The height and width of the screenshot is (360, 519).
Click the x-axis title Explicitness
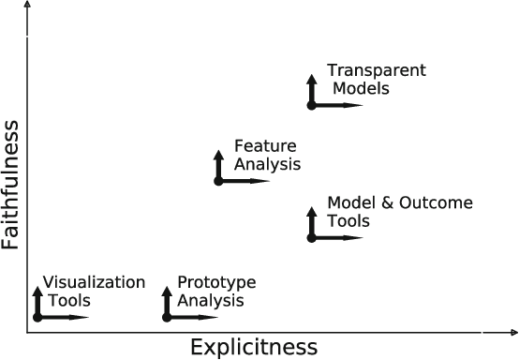(x=254, y=347)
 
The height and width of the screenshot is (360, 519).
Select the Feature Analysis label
(x=266, y=156)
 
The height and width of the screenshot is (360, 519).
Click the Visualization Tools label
(x=94, y=292)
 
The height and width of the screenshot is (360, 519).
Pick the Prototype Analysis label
(x=215, y=292)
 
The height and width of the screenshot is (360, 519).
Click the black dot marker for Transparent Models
(x=311, y=105)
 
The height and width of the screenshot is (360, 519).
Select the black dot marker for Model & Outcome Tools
(x=311, y=237)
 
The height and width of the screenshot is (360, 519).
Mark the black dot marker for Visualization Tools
(x=37, y=317)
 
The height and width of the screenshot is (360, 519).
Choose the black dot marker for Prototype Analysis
(x=167, y=317)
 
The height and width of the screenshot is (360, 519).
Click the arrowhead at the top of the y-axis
(x=29, y=7)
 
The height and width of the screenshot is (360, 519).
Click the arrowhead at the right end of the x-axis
(x=512, y=332)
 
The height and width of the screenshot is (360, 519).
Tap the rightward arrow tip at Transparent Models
(x=361, y=105)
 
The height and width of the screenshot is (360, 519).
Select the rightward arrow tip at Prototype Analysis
(x=216, y=317)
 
